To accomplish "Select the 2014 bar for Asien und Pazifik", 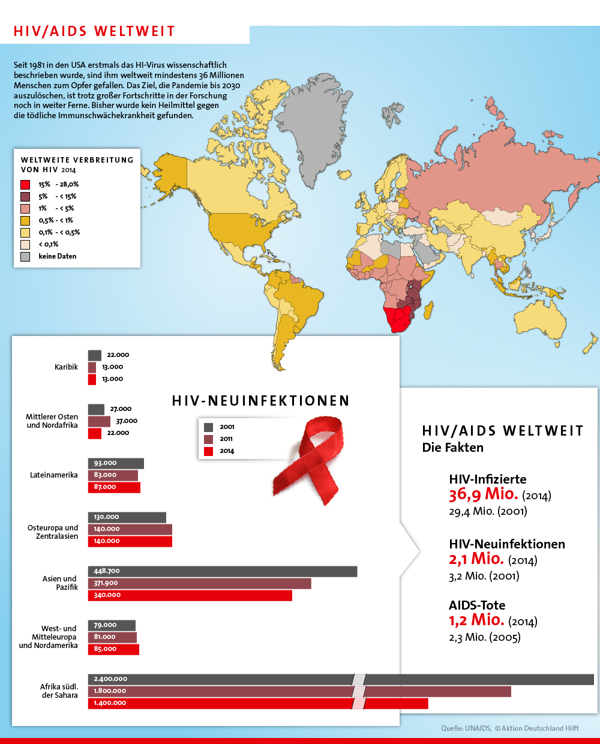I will [190, 595].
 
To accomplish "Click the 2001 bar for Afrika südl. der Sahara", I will [340, 679].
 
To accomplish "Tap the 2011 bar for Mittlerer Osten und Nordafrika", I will [99, 421].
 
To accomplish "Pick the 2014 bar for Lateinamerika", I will [114, 487].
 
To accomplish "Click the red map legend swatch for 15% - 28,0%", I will [25, 185].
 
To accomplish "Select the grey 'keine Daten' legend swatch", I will [25, 257].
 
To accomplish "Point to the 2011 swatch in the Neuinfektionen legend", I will [209, 439].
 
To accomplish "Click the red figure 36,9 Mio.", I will [483, 494].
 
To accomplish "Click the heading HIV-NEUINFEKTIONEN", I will [260, 401].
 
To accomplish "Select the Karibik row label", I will [66, 367].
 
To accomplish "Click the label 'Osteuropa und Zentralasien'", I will [53, 532].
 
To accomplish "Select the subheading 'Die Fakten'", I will [452, 448].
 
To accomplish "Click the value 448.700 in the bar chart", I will [107, 571].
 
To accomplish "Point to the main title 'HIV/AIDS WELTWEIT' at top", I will [94, 31].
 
